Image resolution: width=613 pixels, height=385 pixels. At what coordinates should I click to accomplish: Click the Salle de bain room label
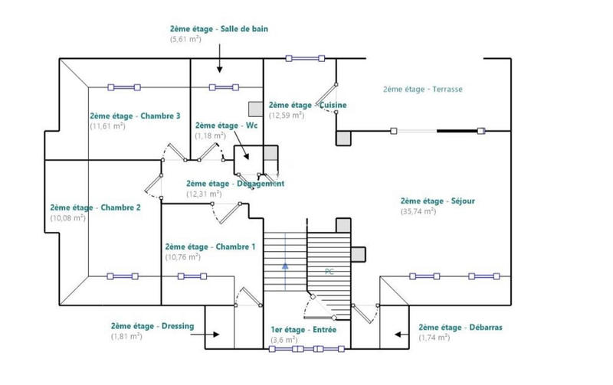click(218, 29)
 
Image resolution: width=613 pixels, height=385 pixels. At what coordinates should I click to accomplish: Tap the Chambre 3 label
click(135, 116)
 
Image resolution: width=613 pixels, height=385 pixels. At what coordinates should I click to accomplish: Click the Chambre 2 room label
click(95, 207)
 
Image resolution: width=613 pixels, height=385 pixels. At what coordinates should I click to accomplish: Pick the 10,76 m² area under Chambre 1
click(182, 257)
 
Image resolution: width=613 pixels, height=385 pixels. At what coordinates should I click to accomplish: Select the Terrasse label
click(422, 90)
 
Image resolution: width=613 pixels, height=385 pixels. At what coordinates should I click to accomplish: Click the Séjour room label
click(438, 202)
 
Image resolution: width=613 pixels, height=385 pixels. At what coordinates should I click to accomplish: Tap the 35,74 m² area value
click(418, 211)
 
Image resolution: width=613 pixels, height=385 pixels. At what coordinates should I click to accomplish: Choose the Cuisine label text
click(308, 105)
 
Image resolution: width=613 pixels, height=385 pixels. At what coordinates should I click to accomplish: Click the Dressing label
click(152, 326)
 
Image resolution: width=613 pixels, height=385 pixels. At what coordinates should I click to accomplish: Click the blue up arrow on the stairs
click(285, 266)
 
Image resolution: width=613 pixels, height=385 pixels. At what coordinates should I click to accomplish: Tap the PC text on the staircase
click(329, 271)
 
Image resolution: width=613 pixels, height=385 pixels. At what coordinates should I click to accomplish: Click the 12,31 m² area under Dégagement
click(203, 194)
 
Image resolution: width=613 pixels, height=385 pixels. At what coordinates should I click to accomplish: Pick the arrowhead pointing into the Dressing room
click(218, 334)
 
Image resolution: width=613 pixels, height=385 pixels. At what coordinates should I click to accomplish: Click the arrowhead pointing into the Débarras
click(397, 334)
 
